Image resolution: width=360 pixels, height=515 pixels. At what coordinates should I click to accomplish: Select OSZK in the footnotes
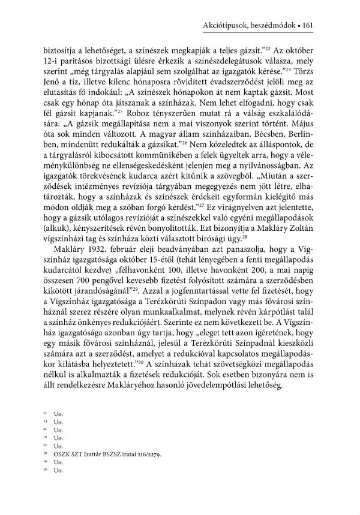[62, 454]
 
